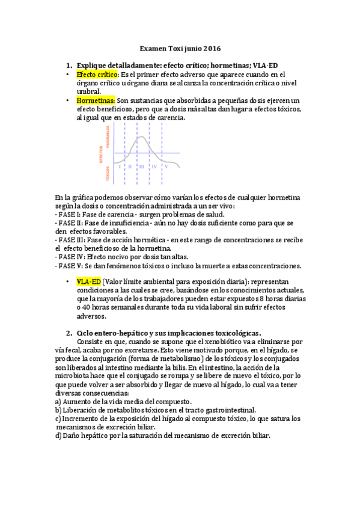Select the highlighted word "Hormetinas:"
(x=96, y=100)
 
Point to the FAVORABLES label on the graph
(x=108, y=138)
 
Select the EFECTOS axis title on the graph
(x=101, y=155)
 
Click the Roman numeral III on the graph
(x=142, y=165)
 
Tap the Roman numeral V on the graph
(x=166, y=165)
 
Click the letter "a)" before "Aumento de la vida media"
(x=58, y=401)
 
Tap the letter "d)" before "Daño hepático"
(x=58, y=435)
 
